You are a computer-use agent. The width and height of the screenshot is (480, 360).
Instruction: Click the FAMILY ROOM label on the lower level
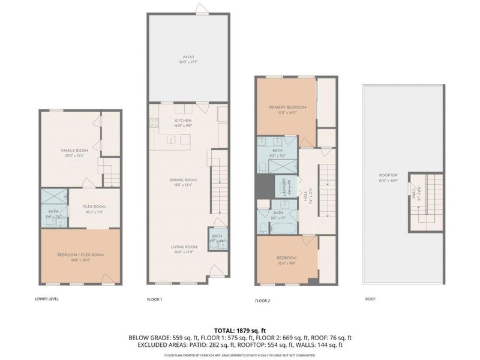[x=74, y=152]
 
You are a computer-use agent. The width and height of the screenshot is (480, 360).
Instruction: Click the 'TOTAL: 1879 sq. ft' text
[x=240, y=330]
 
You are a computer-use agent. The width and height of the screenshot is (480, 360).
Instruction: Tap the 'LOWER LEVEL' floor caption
[x=47, y=298]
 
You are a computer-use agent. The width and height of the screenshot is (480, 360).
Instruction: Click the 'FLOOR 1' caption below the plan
[x=155, y=299]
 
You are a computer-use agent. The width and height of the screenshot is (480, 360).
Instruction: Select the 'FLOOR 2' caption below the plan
[x=263, y=299]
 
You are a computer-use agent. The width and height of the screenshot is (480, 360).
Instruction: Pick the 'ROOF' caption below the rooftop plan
[x=370, y=298]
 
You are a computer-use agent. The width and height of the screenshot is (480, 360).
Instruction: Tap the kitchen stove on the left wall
[x=153, y=122]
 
